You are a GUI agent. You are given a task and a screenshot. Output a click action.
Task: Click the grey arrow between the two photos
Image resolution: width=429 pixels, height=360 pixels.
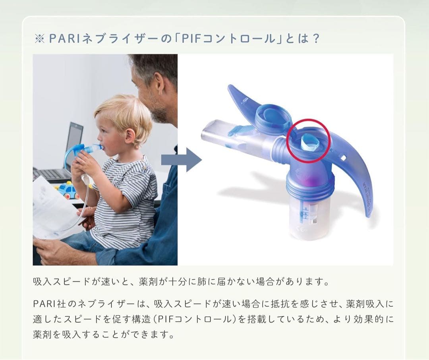(182, 160)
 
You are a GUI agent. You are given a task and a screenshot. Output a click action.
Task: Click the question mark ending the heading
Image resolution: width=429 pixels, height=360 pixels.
(316, 39)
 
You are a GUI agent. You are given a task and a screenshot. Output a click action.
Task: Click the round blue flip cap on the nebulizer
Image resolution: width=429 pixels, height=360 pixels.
(273, 116)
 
